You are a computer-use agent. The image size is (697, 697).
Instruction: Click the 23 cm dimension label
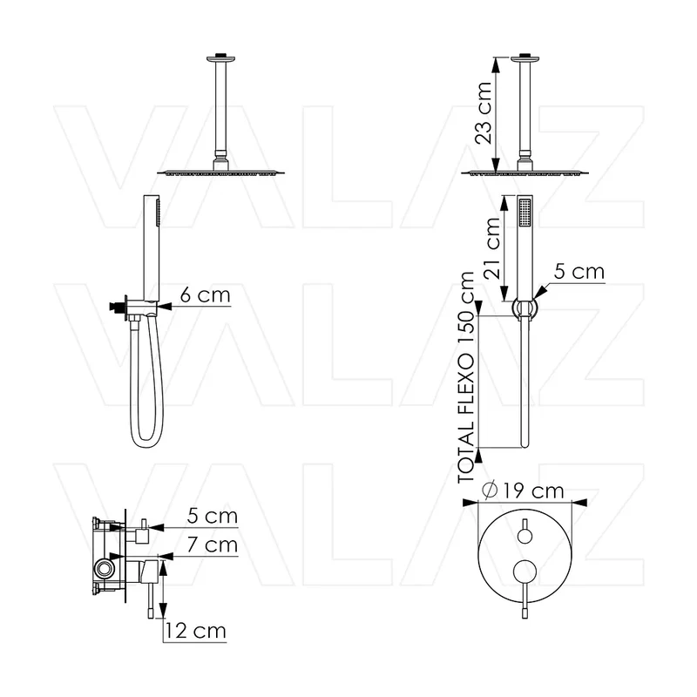tap(484, 113)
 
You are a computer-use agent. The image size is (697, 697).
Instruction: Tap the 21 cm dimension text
tap(492, 248)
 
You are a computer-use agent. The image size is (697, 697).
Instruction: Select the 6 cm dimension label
tap(206, 294)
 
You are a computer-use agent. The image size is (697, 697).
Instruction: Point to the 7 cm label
tap(212, 545)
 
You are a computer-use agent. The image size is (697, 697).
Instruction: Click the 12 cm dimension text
tap(195, 631)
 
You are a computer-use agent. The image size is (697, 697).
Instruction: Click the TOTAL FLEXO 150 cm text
tap(466, 377)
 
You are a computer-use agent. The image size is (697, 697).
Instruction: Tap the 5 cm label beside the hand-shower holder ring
tap(579, 272)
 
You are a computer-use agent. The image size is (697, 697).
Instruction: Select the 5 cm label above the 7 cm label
tap(212, 516)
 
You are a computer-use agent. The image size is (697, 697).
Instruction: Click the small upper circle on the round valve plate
tap(525, 536)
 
